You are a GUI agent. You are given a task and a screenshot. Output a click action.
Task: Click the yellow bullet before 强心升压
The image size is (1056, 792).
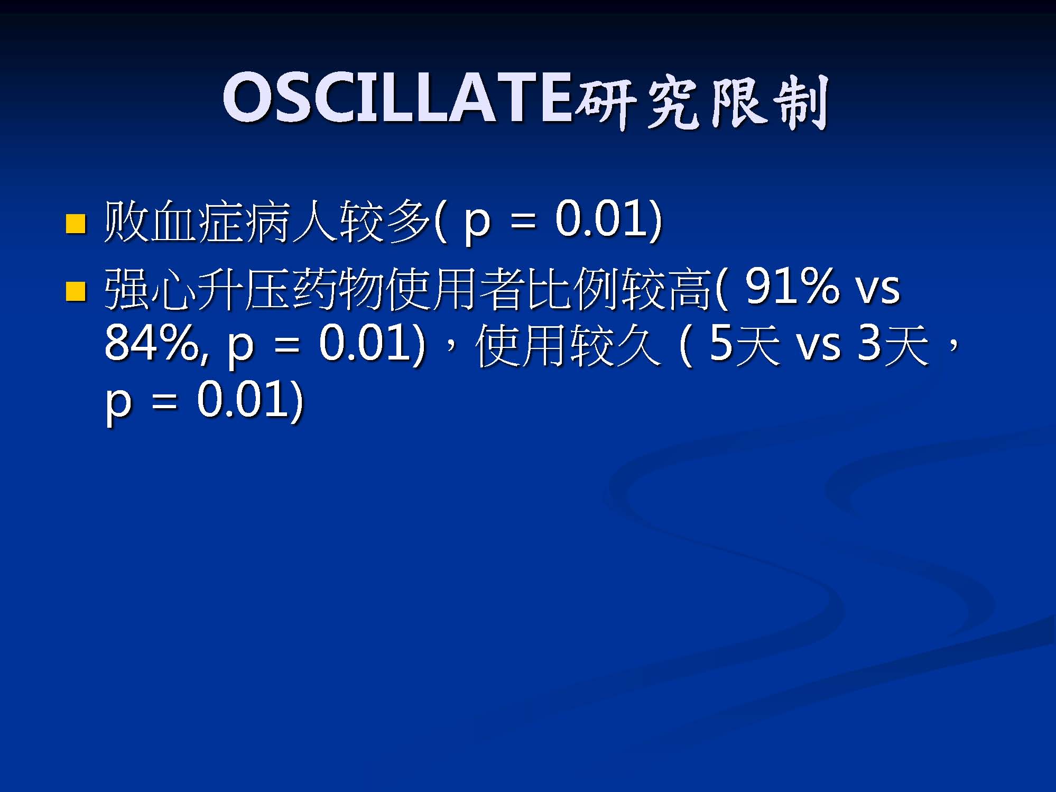(76, 291)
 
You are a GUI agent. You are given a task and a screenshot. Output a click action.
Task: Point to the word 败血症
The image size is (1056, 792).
(174, 221)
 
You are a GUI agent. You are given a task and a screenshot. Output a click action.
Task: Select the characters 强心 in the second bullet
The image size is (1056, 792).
(151, 289)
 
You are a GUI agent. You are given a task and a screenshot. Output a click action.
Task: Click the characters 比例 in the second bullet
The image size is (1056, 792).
(574, 289)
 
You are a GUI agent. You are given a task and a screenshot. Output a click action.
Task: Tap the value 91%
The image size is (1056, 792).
(792, 287)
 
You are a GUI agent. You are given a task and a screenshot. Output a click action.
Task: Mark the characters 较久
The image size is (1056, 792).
(616, 346)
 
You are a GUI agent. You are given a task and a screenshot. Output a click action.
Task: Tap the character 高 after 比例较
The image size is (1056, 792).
(691, 289)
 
